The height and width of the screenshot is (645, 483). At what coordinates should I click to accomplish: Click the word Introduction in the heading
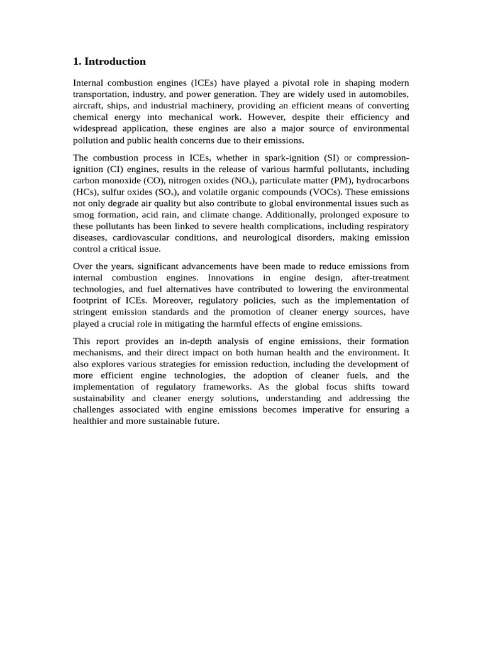point(115,62)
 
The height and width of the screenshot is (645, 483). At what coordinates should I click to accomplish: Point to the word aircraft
point(87,106)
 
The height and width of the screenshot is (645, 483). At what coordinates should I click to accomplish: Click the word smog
point(84,214)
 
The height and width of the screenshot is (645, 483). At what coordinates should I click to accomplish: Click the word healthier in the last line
point(92,421)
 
